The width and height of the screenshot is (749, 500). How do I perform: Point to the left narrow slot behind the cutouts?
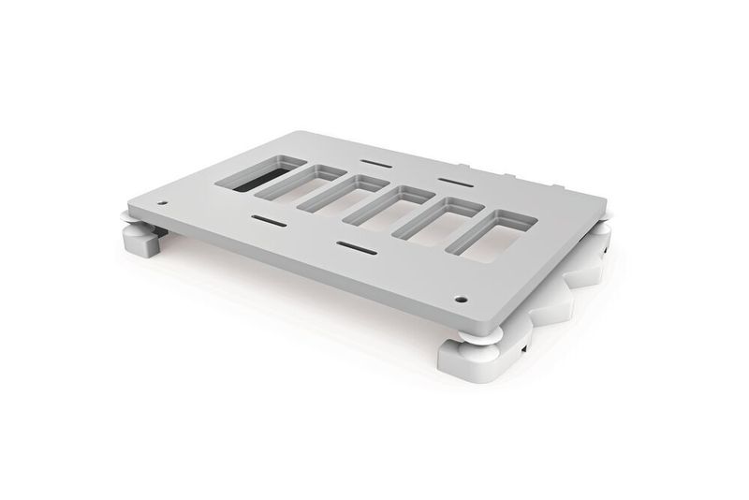[x=372, y=163]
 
